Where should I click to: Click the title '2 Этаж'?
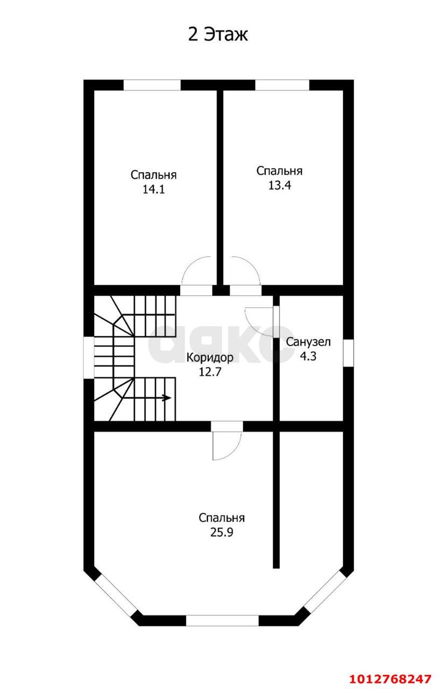point(218,35)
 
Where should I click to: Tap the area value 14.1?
point(153,189)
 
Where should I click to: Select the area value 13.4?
point(279,185)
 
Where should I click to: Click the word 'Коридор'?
point(210,357)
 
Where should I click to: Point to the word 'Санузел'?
point(308,342)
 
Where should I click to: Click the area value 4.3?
point(308,356)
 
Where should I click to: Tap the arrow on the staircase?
point(166,398)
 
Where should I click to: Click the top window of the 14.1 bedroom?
point(152,85)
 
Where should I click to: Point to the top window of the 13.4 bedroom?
point(282,85)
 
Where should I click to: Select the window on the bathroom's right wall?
point(349,353)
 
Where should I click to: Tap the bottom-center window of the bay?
point(222,621)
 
